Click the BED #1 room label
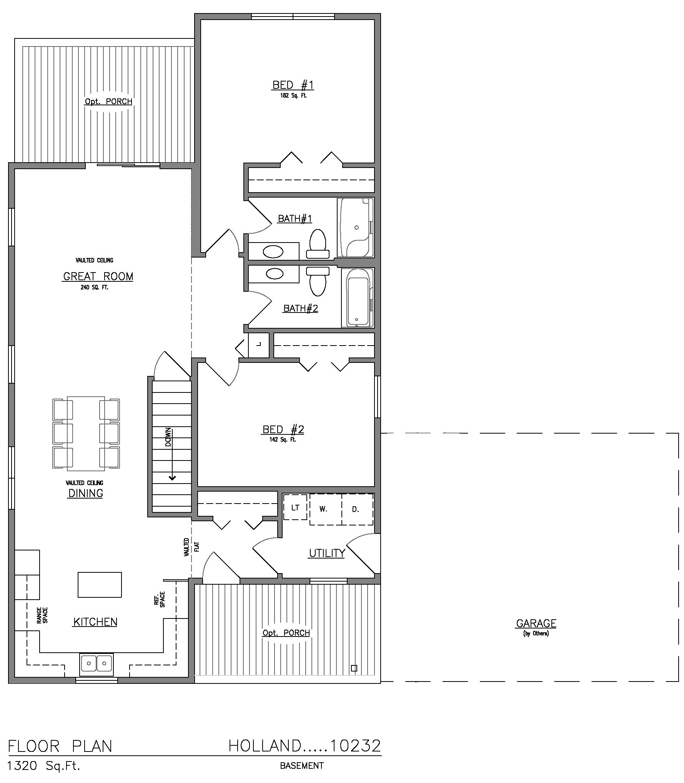[293, 85]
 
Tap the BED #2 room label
[283, 429]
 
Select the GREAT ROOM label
[98, 276]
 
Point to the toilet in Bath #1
[318, 244]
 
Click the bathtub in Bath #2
[358, 298]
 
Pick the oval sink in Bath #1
[273, 252]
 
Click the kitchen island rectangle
[100, 585]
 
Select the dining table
[86, 434]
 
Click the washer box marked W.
[325, 509]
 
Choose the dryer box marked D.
[357, 509]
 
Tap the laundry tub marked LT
[295, 507]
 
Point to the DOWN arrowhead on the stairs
[172, 478]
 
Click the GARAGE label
[536, 623]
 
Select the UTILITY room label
[327, 553]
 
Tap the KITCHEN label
[95, 622]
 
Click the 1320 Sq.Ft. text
[44, 766]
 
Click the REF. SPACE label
[159, 599]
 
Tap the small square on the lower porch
[354, 668]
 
